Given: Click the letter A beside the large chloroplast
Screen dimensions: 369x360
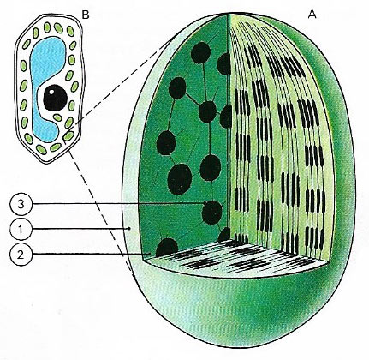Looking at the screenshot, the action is pyautogui.click(x=312, y=15).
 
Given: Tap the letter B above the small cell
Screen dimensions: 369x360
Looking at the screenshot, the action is pyautogui.click(x=86, y=15).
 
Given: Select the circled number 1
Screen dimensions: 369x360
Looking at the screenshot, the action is pyautogui.click(x=21, y=229).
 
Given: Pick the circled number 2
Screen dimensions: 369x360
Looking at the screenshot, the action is pyautogui.click(x=21, y=255).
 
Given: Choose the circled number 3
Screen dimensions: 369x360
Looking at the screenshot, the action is pyautogui.click(x=21, y=204).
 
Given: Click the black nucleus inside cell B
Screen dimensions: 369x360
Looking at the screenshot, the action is pyautogui.click(x=55, y=98).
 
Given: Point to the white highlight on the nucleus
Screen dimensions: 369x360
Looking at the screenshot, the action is pyautogui.click(x=51, y=92).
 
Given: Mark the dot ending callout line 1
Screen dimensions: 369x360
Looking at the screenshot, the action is pyautogui.click(x=129, y=229).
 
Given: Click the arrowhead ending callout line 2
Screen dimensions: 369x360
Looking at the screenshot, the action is pyautogui.click(x=148, y=254).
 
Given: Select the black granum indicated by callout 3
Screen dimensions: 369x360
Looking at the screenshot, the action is pyautogui.click(x=212, y=213).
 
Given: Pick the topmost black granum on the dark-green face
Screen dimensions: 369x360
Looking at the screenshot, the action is pyautogui.click(x=200, y=52).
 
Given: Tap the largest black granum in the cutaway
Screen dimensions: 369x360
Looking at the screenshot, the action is pyautogui.click(x=180, y=179).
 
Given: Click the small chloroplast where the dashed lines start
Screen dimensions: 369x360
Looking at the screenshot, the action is pyautogui.click(x=68, y=136).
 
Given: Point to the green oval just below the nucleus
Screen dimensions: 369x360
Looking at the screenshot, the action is pyautogui.click(x=57, y=117).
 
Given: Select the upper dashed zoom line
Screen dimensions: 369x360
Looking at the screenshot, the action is pyautogui.click(x=121, y=83).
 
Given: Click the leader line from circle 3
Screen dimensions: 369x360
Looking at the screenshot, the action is pyautogui.click(x=118, y=204).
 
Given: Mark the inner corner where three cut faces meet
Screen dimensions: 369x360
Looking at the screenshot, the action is pyautogui.click(x=230, y=242).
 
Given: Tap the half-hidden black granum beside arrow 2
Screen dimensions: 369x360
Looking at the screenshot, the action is pyautogui.click(x=167, y=248).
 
